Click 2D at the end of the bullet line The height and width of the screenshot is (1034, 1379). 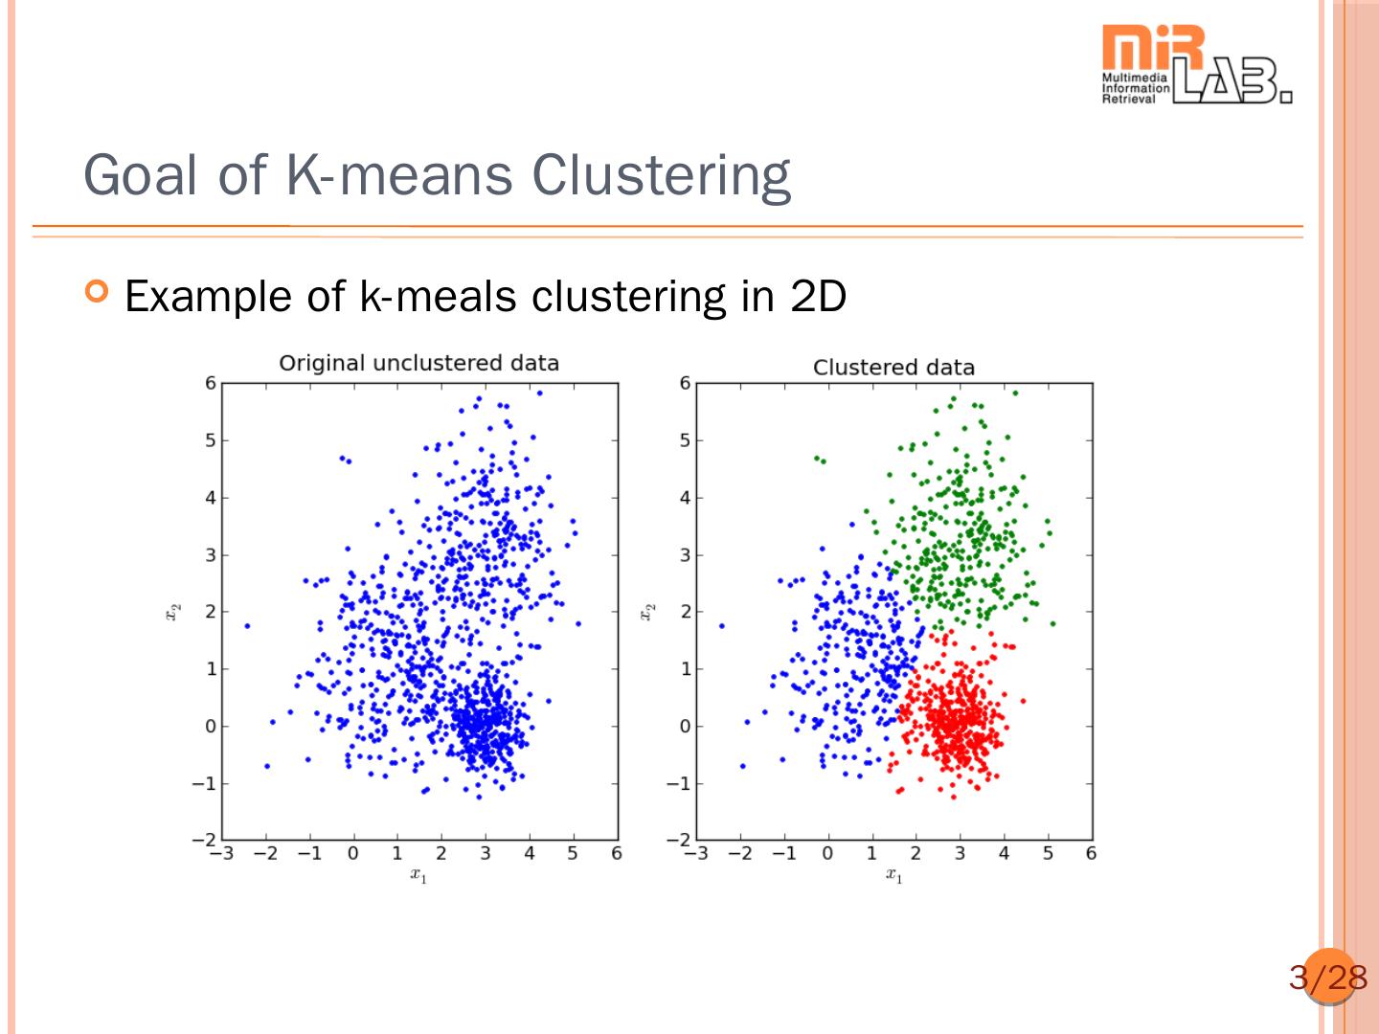tap(819, 296)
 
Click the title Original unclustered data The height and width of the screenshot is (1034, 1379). tap(418, 363)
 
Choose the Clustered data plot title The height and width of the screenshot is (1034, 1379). tap(893, 367)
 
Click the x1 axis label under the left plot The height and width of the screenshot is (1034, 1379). tap(418, 874)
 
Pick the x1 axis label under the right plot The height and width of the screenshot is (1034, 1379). tap(893, 874)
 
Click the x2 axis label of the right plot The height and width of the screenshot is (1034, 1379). tap(647, 611)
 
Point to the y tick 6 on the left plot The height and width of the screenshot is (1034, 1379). tap(211, 383)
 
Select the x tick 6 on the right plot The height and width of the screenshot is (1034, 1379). tap(1091, 853)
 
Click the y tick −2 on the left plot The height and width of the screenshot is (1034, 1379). tap(204, 840)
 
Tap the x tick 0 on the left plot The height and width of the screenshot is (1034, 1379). tap(352, 853)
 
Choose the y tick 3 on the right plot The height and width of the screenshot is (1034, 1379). tap(685, 554)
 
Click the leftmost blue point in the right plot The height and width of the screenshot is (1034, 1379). tap(721, 626)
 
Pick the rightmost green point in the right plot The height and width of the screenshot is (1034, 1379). tap(1052, 623)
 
